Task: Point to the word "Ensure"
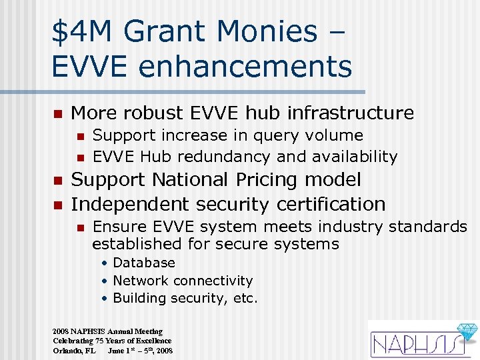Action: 117,227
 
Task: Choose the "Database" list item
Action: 144,263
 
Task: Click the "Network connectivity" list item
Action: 183,281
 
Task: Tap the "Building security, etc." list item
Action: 185,298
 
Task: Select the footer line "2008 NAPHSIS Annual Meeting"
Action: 107,331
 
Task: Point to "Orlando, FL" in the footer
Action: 74,350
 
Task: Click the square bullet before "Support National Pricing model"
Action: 57,181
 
